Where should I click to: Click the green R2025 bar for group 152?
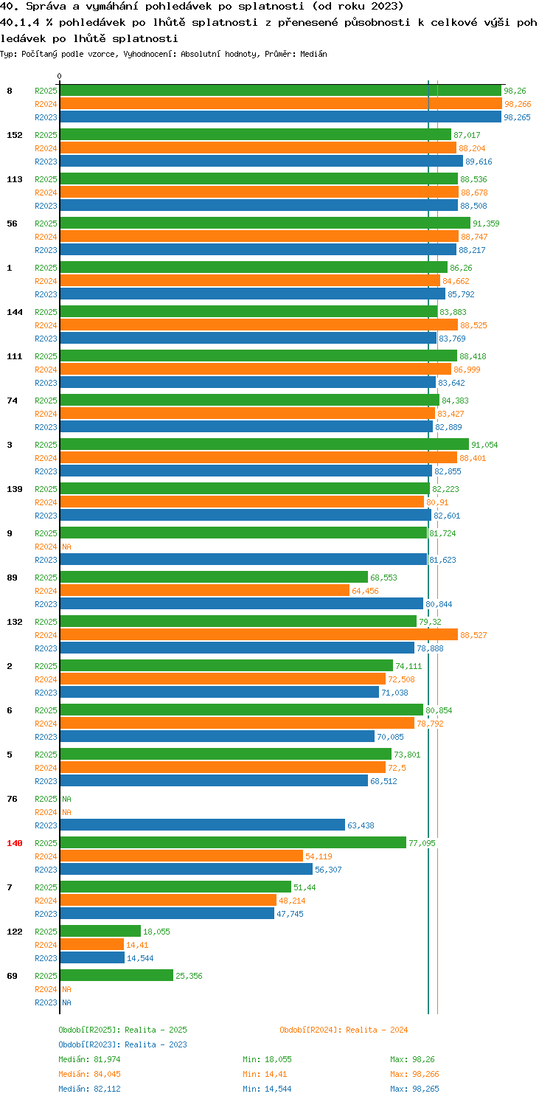tap(255, 135)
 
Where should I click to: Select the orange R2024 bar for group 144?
tap(259, 325)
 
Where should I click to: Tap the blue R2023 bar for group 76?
tap(202, 825)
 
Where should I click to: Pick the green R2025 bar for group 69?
tap(116, 976)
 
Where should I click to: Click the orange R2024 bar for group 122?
tap(92, 945)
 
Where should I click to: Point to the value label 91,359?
tap(486, 223)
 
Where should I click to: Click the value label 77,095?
tap(422, 843)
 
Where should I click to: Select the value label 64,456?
tap(365, 591)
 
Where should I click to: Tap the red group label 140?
tap(15, 843)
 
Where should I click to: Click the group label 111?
tap(15, 356)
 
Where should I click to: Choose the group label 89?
tap(13, 578)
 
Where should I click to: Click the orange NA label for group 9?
tap(66, 547)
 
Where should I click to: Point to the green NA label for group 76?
tap(66, 799)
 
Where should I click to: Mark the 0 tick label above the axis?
tap(60, 76)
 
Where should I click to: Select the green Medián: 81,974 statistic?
tap(89, 1059)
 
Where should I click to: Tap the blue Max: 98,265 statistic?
tap(414, 1089)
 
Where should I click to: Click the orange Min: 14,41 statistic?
tap(265, 1074)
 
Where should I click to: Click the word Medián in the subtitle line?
tap(313, 54)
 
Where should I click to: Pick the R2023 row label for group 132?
tap(46, 648)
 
